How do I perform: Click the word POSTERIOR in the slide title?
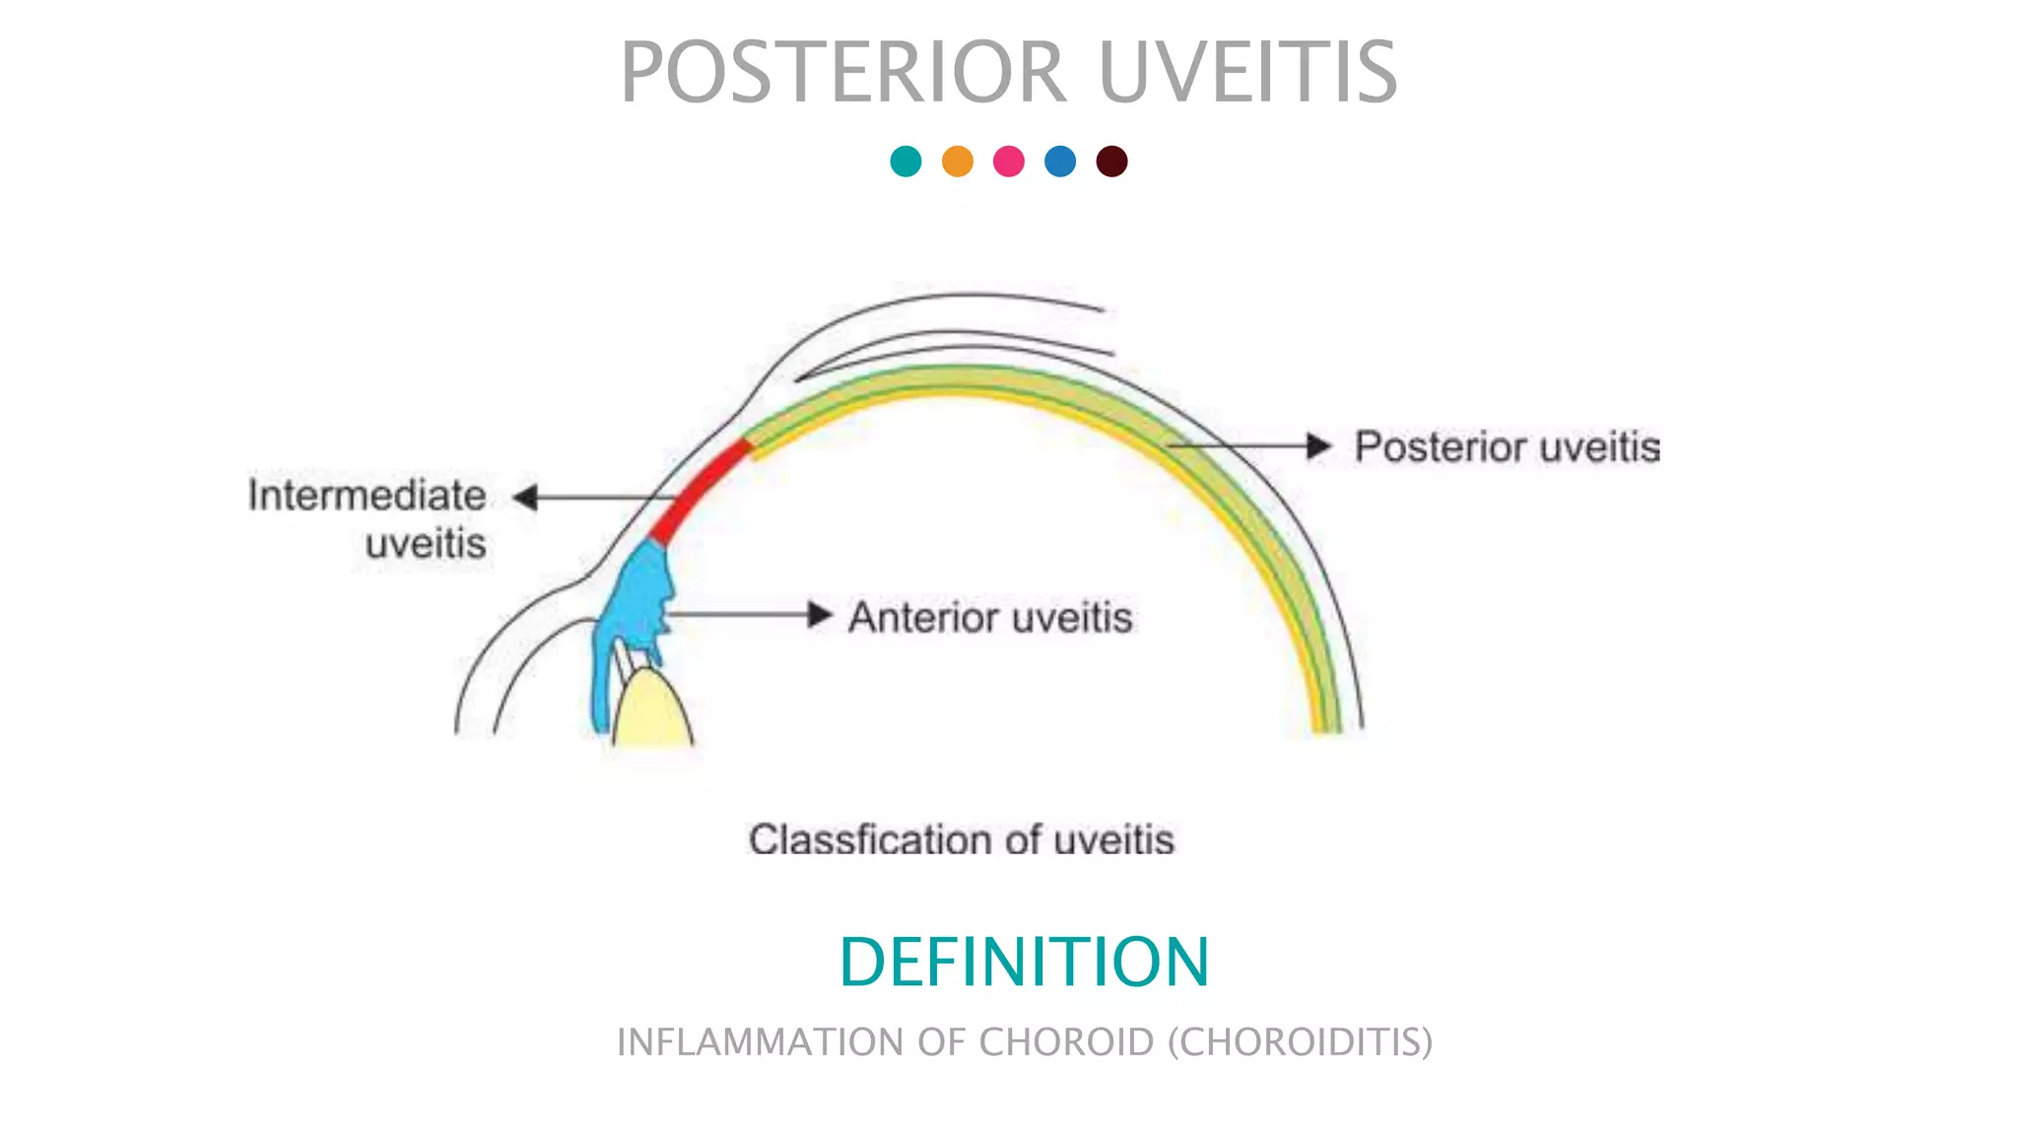point(843,73)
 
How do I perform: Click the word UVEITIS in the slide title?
point(1247,73)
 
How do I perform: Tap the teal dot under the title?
point(906,161)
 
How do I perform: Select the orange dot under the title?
point(958,161)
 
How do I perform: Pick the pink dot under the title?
point(1009,161)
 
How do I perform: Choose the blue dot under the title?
point(1060,161)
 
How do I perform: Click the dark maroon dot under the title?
point(1111,161)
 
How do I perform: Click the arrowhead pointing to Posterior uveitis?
point(1318,446)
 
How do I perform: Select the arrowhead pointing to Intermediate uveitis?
point(526,498)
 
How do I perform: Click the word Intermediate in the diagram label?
point(367,496)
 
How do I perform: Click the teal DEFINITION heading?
point(1024,962)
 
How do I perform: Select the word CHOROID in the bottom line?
point(1066,1042)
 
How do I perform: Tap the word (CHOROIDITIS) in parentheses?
point(1301,1042)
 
